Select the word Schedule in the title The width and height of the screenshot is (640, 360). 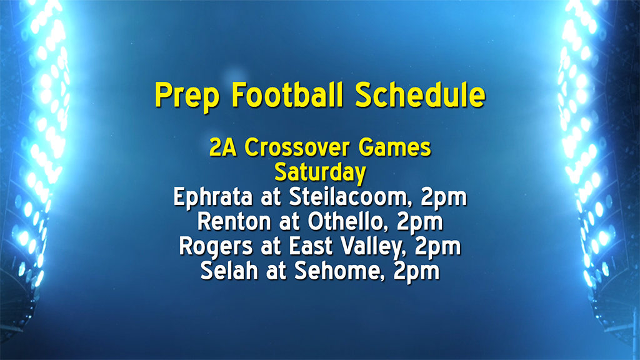click(x=420, y=95)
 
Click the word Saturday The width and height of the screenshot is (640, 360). click(x=320, y=172)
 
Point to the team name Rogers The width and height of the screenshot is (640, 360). click(x=209, y=246)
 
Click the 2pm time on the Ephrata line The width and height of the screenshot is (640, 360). click(x=444, y=197)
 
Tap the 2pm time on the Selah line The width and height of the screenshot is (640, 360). click(x=417, y=271)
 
